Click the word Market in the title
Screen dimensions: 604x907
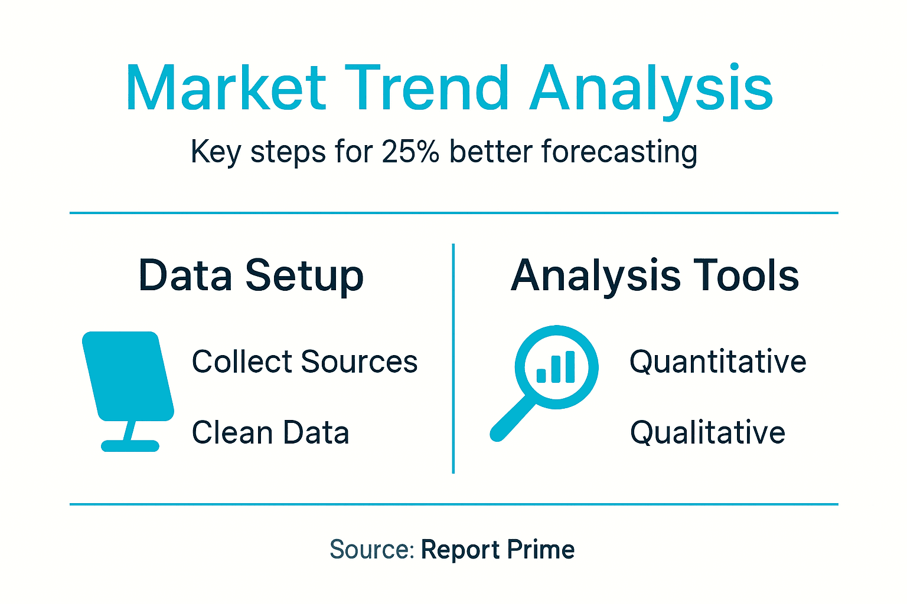pyautogui.click(x=226, y=88)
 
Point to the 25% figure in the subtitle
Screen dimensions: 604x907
pyautogui.click(x=410, y=152)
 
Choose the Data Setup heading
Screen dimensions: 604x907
pyautogui.click(x=251, y=276)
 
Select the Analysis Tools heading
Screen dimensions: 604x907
pyautogui.click(x=655, y=276)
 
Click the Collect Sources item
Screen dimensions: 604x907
pyautogui.click(x=305, y=362)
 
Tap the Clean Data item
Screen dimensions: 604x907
pyautogui.click(x=270, y=432)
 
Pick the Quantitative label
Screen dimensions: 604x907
pyautogui.click(x=717, y=362)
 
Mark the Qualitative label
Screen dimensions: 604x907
pyautogui.click(x=707, y=432)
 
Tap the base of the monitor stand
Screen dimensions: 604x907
pyautogui.click(x=130, y=446)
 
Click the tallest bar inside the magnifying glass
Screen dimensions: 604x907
pyautogui.click(x=570, y=367)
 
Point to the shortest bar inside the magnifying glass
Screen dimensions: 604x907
pyautogui.click(x=541, y=375)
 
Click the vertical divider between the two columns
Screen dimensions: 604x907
pyautogui.click(x=453, y=358)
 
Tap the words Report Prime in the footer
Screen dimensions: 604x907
pyautogui.click(x=497, y=550)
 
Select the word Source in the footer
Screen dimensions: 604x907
pyautogui.click(x=371, y=550)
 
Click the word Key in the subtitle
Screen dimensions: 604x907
pyautogui.click(x=216, y=153)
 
